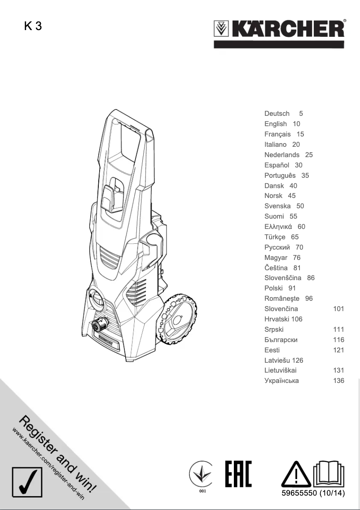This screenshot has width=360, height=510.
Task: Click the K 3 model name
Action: coord(33,26)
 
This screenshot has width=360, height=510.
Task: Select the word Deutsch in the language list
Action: coord(277,114)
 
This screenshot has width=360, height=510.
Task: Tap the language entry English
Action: coord(276,124)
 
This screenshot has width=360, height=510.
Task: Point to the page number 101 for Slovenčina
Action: coord(338,309)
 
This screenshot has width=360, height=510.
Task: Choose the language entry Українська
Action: coord(281,381)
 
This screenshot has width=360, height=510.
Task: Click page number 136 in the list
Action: coord(338,381)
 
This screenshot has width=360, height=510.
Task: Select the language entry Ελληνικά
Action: coord(278,227)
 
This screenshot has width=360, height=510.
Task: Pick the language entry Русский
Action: coord(277,247)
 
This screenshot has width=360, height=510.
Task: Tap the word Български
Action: coord(281,340)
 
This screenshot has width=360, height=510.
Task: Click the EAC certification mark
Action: coord(238,474)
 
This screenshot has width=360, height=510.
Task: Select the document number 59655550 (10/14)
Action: coord(312,494)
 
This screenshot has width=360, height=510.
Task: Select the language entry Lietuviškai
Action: coord(281,370)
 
